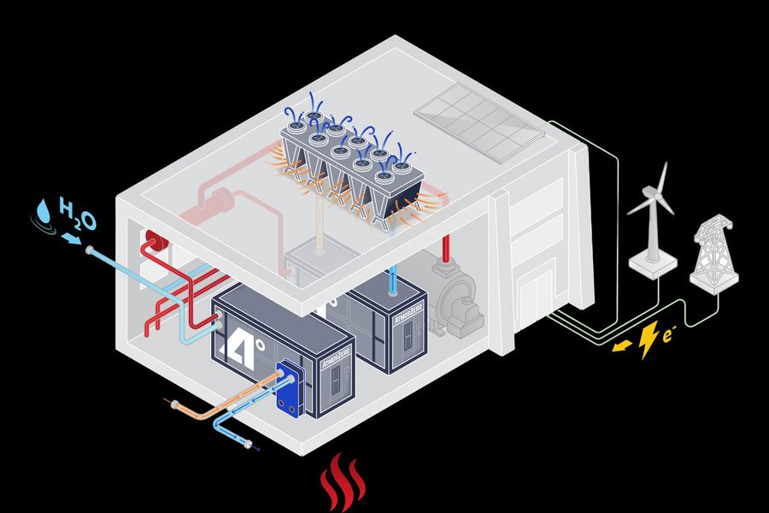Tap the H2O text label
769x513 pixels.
click(x=77, y=217)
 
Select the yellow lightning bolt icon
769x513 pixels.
click(x=649, y=338)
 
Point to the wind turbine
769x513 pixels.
click(x=652, y=214)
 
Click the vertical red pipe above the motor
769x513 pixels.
click(x=445, y=248)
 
